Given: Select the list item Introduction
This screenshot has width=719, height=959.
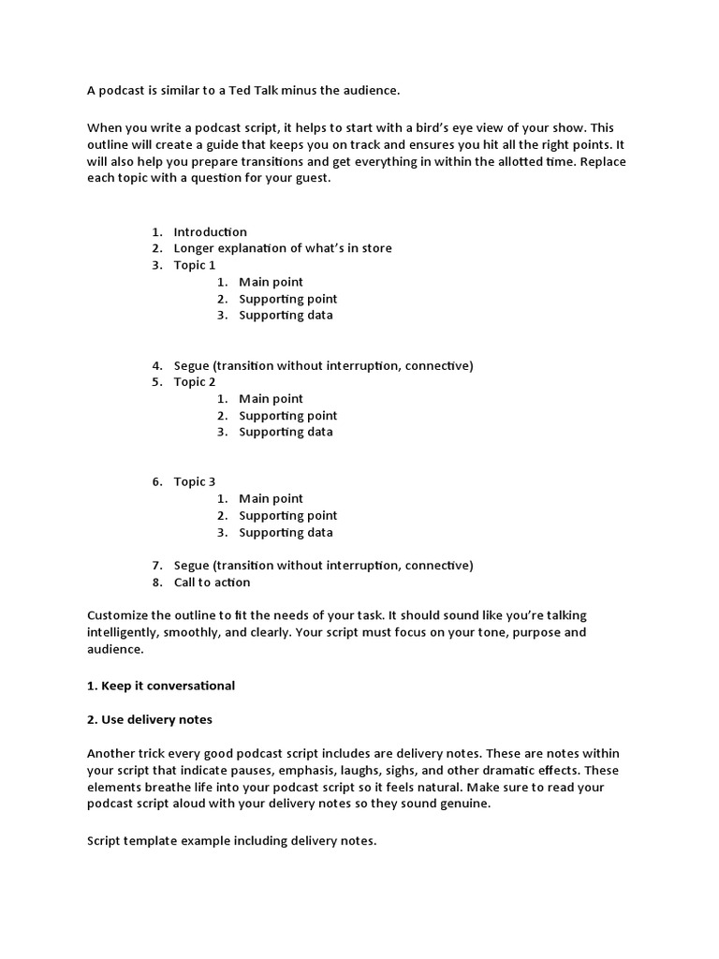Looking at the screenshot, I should pyautogui.click(x=210, y=231).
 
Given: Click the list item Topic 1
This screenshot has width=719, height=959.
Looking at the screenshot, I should pyautogui.click(x=194, y=265).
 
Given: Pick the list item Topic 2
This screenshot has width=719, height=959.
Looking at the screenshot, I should pyautogui.click(x=194, y=382).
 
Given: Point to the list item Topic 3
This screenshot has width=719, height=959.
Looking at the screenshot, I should pyautogui.click(x=194, y=481).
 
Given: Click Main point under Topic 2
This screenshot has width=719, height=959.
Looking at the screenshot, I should pyautogui.click(x=271, y=399).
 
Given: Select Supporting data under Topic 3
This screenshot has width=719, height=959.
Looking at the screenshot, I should pyautogui.click(x=286, y=532).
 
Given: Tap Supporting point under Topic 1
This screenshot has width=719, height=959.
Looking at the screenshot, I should pyautogui.click(x=287, y=299).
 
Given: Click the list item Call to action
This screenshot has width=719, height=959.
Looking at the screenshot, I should pyautogui.click(x=212, y=582).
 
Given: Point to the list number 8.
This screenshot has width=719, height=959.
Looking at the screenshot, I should pyautogui.click(x=155, y=582).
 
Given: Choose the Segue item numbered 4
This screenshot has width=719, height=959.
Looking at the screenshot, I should pyautogui.click(x=323, y=365).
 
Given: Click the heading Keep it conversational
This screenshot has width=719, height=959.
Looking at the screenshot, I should pyautogui.click(x=168, y=686).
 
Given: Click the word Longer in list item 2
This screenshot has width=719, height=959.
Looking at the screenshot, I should pyautogui.click(x=194, y=248).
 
